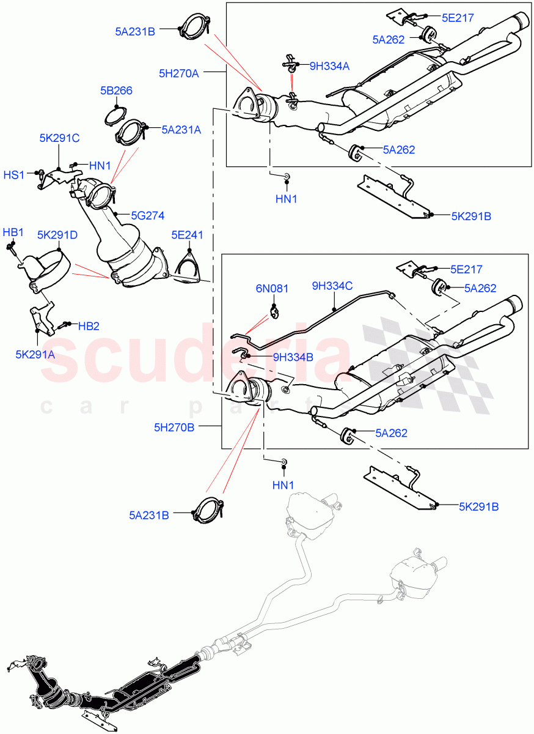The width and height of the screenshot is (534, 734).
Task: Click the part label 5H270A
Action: (178, 73)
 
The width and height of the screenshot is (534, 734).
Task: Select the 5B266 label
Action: (116, 91)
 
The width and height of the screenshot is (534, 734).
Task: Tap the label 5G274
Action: (147, 215)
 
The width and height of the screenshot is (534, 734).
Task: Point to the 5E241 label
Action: (188, 234)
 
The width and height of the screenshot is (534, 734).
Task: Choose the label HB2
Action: (89, 326)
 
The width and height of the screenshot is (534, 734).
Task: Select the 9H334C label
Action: (333, 285)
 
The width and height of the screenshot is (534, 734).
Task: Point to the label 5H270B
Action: (174, 427)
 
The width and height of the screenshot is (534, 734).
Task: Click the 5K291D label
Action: (57, 234)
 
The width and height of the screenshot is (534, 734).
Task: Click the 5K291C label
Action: (59, 138)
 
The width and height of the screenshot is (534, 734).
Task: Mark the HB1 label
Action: (13, 232)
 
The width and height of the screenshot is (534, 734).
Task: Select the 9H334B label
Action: (293, 357)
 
